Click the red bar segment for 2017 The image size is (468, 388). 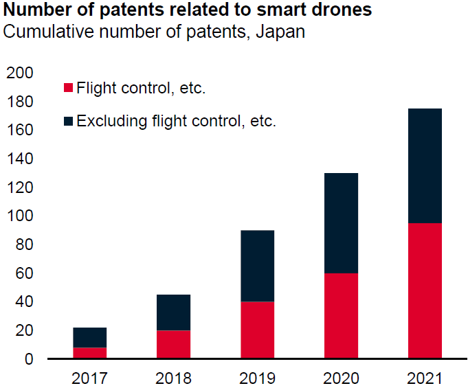click(89, 353)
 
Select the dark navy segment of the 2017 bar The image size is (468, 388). click(89, 337)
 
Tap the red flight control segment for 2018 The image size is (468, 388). click(173, 344)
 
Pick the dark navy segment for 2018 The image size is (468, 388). click(173, 312)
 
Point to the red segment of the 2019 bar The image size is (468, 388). click(257, 330)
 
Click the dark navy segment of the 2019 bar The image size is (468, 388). click(257, 266)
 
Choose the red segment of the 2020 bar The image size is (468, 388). click(341, 316)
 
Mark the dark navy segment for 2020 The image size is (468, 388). click(341, 223)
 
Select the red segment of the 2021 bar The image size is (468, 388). click(425, 290)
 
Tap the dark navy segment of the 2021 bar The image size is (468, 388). click(425, 166)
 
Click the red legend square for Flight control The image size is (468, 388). click(68, 88)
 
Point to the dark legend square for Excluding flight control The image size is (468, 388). click(68, 122)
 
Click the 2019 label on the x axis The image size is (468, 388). click(257, 377)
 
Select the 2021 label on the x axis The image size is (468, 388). click(425, 377)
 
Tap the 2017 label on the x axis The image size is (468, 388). click(89, 377)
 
